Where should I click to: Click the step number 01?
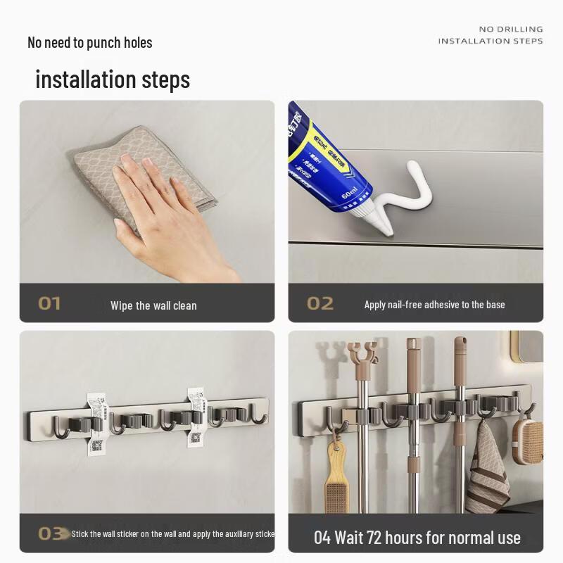(49, 304)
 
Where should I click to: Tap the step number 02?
(320, 304)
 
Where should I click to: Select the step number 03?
(50, 533)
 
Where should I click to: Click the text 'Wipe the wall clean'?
(153, 305)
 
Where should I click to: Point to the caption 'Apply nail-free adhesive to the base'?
(434, 305)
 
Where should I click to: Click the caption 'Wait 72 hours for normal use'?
(417, 538)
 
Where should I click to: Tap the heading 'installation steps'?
(113, 79)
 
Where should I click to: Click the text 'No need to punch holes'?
(89, 42)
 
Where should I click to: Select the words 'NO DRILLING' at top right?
(511, 29)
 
